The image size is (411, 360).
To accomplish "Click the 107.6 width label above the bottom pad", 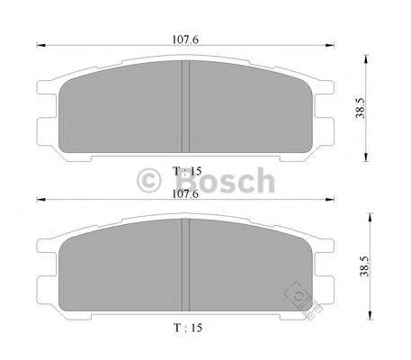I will click(x=183, y=193).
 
